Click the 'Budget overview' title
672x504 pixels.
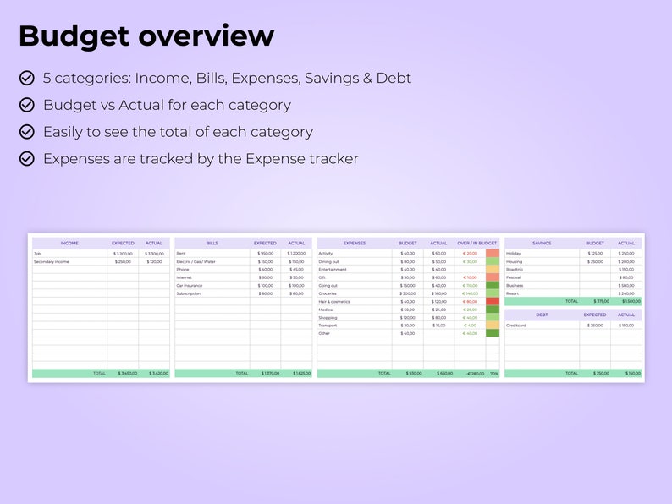click(146, 36)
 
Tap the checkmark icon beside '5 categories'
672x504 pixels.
click(27, 78)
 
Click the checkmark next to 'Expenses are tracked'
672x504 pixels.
click(27, 158)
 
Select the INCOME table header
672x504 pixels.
click(69, 243)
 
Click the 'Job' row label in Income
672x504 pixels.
click(37, 253)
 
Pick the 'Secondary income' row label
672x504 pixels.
click(52, 261)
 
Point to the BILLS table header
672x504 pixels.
click(212, 243)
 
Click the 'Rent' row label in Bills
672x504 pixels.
click(181, 253)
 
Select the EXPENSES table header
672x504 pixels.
click(355, 243)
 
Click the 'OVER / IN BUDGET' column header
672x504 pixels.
click(476, 243)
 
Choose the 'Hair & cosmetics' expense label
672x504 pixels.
click(334, 301)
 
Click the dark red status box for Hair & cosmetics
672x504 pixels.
click(492, 301)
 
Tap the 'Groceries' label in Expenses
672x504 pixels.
click(328, 293)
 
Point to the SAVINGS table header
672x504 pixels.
click(542, 243)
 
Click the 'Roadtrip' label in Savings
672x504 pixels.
click(515, 269)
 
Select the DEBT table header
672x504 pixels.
click(542, 315)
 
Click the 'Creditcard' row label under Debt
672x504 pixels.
click(516, 325)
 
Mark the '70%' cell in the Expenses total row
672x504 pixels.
click(493, 373)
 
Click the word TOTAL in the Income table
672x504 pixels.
click(100, 373)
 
